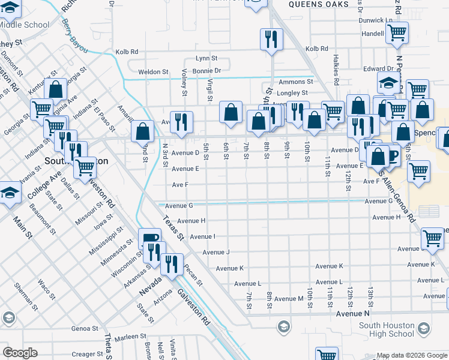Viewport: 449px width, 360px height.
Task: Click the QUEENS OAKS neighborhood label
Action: pyautogui.click(x=318, y=4)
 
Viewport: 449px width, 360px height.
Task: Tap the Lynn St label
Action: pyautogui.click(x=205, y=58)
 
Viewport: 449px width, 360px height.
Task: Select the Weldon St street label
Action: pyautogui.click(x=153, y=71)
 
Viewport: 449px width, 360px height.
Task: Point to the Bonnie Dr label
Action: pyautogui.click(x=206, y=71)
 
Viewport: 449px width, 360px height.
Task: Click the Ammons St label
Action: pyautogui.click(x=296, y=81)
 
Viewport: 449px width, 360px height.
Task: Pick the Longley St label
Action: pyautogui.click(x=292, y=93)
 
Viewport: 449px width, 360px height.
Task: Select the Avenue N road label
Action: pyautogui.click(x=353, y=313)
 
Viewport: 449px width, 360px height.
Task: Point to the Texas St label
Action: pyautogui.click(x=173, y=229)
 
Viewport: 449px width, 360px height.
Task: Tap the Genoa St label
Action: pyautogui.click(x=85, y=328)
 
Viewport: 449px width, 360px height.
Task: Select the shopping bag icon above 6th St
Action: pyautogui.click(x=231, y=112)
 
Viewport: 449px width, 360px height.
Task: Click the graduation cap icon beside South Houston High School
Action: pyautogui.click(x=424, y=328)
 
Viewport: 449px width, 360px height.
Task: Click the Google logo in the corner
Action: pyautogui.click(x=20, y=353)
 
